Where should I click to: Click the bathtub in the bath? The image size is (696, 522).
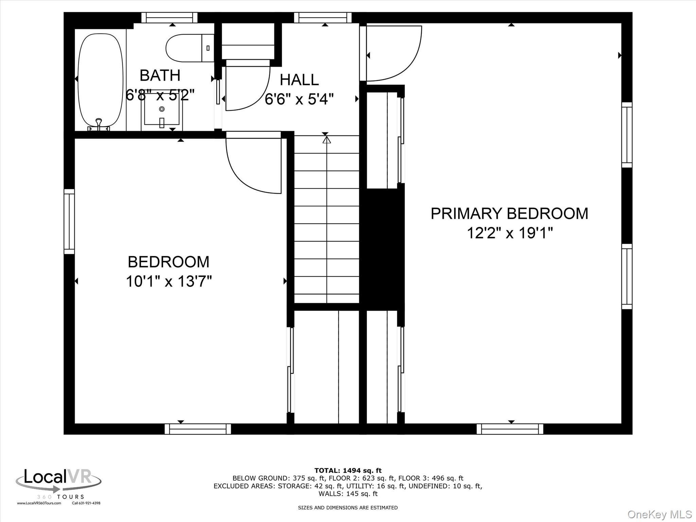pyautogui.click(x=100, y=80)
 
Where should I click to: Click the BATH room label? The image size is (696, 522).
pyautogui.click(x=160, y=75)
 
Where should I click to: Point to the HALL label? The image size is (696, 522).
pyautogui.click(x=299, y=80)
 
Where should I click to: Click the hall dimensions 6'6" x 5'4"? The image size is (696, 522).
pyautogui.click(x=299, y=99)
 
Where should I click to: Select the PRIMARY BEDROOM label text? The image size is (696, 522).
pyautogui.click(x=509, y=213)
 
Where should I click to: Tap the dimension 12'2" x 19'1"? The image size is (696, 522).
pyautogui.click(x=509, y=233)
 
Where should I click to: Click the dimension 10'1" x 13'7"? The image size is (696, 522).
pyautogui.click(x=169, y=281)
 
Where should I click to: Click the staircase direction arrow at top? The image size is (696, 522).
pyautogui.click(x=326, y=139)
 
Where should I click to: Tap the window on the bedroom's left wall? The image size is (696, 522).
pyautogui.click(x=69, y=222)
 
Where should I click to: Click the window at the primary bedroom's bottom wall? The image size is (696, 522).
pyautogui.click(x=510, y=429)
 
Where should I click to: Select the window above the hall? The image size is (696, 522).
pyautogui.click(x=323, y=17)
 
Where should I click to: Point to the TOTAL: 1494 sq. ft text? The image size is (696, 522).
pyautogui.click(x=348, y=470)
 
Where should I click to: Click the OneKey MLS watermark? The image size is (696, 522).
pyautogui.click(x=659, y=514)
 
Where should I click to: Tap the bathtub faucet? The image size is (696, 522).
pyautogui.click(x=99, y=122)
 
